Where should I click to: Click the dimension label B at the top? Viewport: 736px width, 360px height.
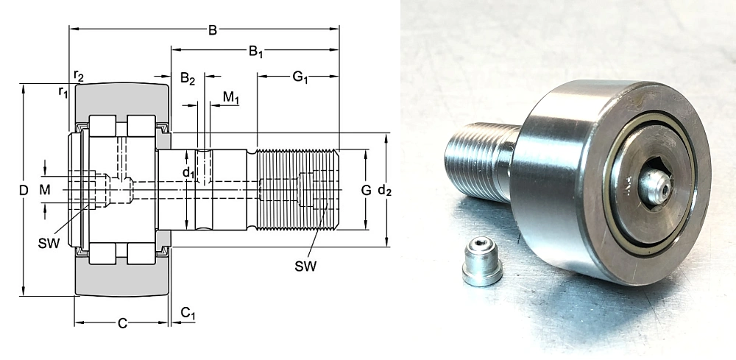coord(212,31)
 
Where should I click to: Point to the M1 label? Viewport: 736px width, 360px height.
coord(231,97)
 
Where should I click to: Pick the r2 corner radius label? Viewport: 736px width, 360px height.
coord(79,77)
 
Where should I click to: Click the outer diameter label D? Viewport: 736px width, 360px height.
coord(24,191)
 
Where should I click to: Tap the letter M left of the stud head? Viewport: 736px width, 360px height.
coord(46,191)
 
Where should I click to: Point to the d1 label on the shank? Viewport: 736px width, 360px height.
coord(188,174)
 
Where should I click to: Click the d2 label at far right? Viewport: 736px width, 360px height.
coord(384,191)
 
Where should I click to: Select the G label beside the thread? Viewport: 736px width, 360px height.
coord(366,191)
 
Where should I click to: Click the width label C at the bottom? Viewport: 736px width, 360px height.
coord(122,322)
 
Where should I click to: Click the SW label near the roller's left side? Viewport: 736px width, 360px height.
coord(49,243)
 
